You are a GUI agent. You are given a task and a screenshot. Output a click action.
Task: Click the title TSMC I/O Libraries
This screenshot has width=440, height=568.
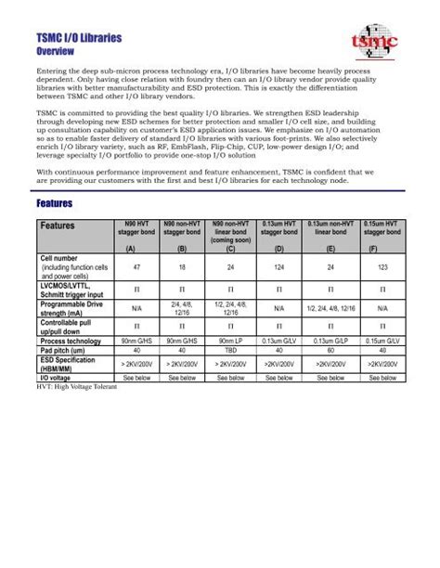pos(79,38)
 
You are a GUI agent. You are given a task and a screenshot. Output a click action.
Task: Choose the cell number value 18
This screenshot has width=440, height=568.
pos(180,266)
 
